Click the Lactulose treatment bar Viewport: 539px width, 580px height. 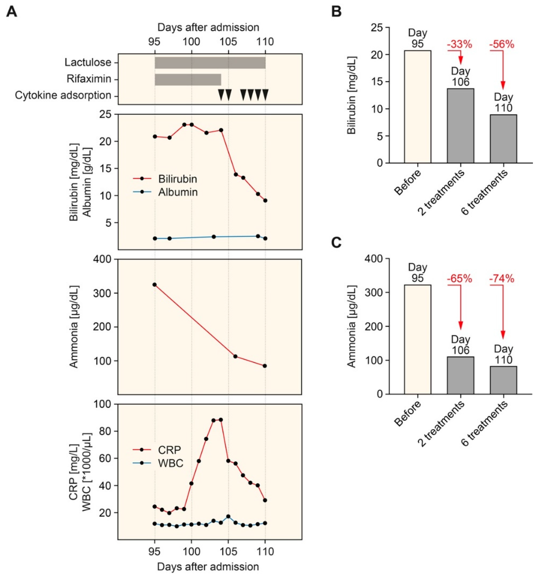coord(210,63)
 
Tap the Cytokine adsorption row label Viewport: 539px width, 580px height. coord(63,95)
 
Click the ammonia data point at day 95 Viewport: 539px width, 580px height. coord(155,285)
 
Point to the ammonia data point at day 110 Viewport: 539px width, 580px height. coord(265,366)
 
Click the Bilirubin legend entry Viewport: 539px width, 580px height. coord(177,179)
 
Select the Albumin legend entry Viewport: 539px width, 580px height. coord(178,192)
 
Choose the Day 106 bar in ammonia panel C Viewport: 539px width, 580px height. coord(461,375)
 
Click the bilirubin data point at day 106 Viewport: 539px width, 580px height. coord(236,174)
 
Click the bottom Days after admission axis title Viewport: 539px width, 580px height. coord(208,567)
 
